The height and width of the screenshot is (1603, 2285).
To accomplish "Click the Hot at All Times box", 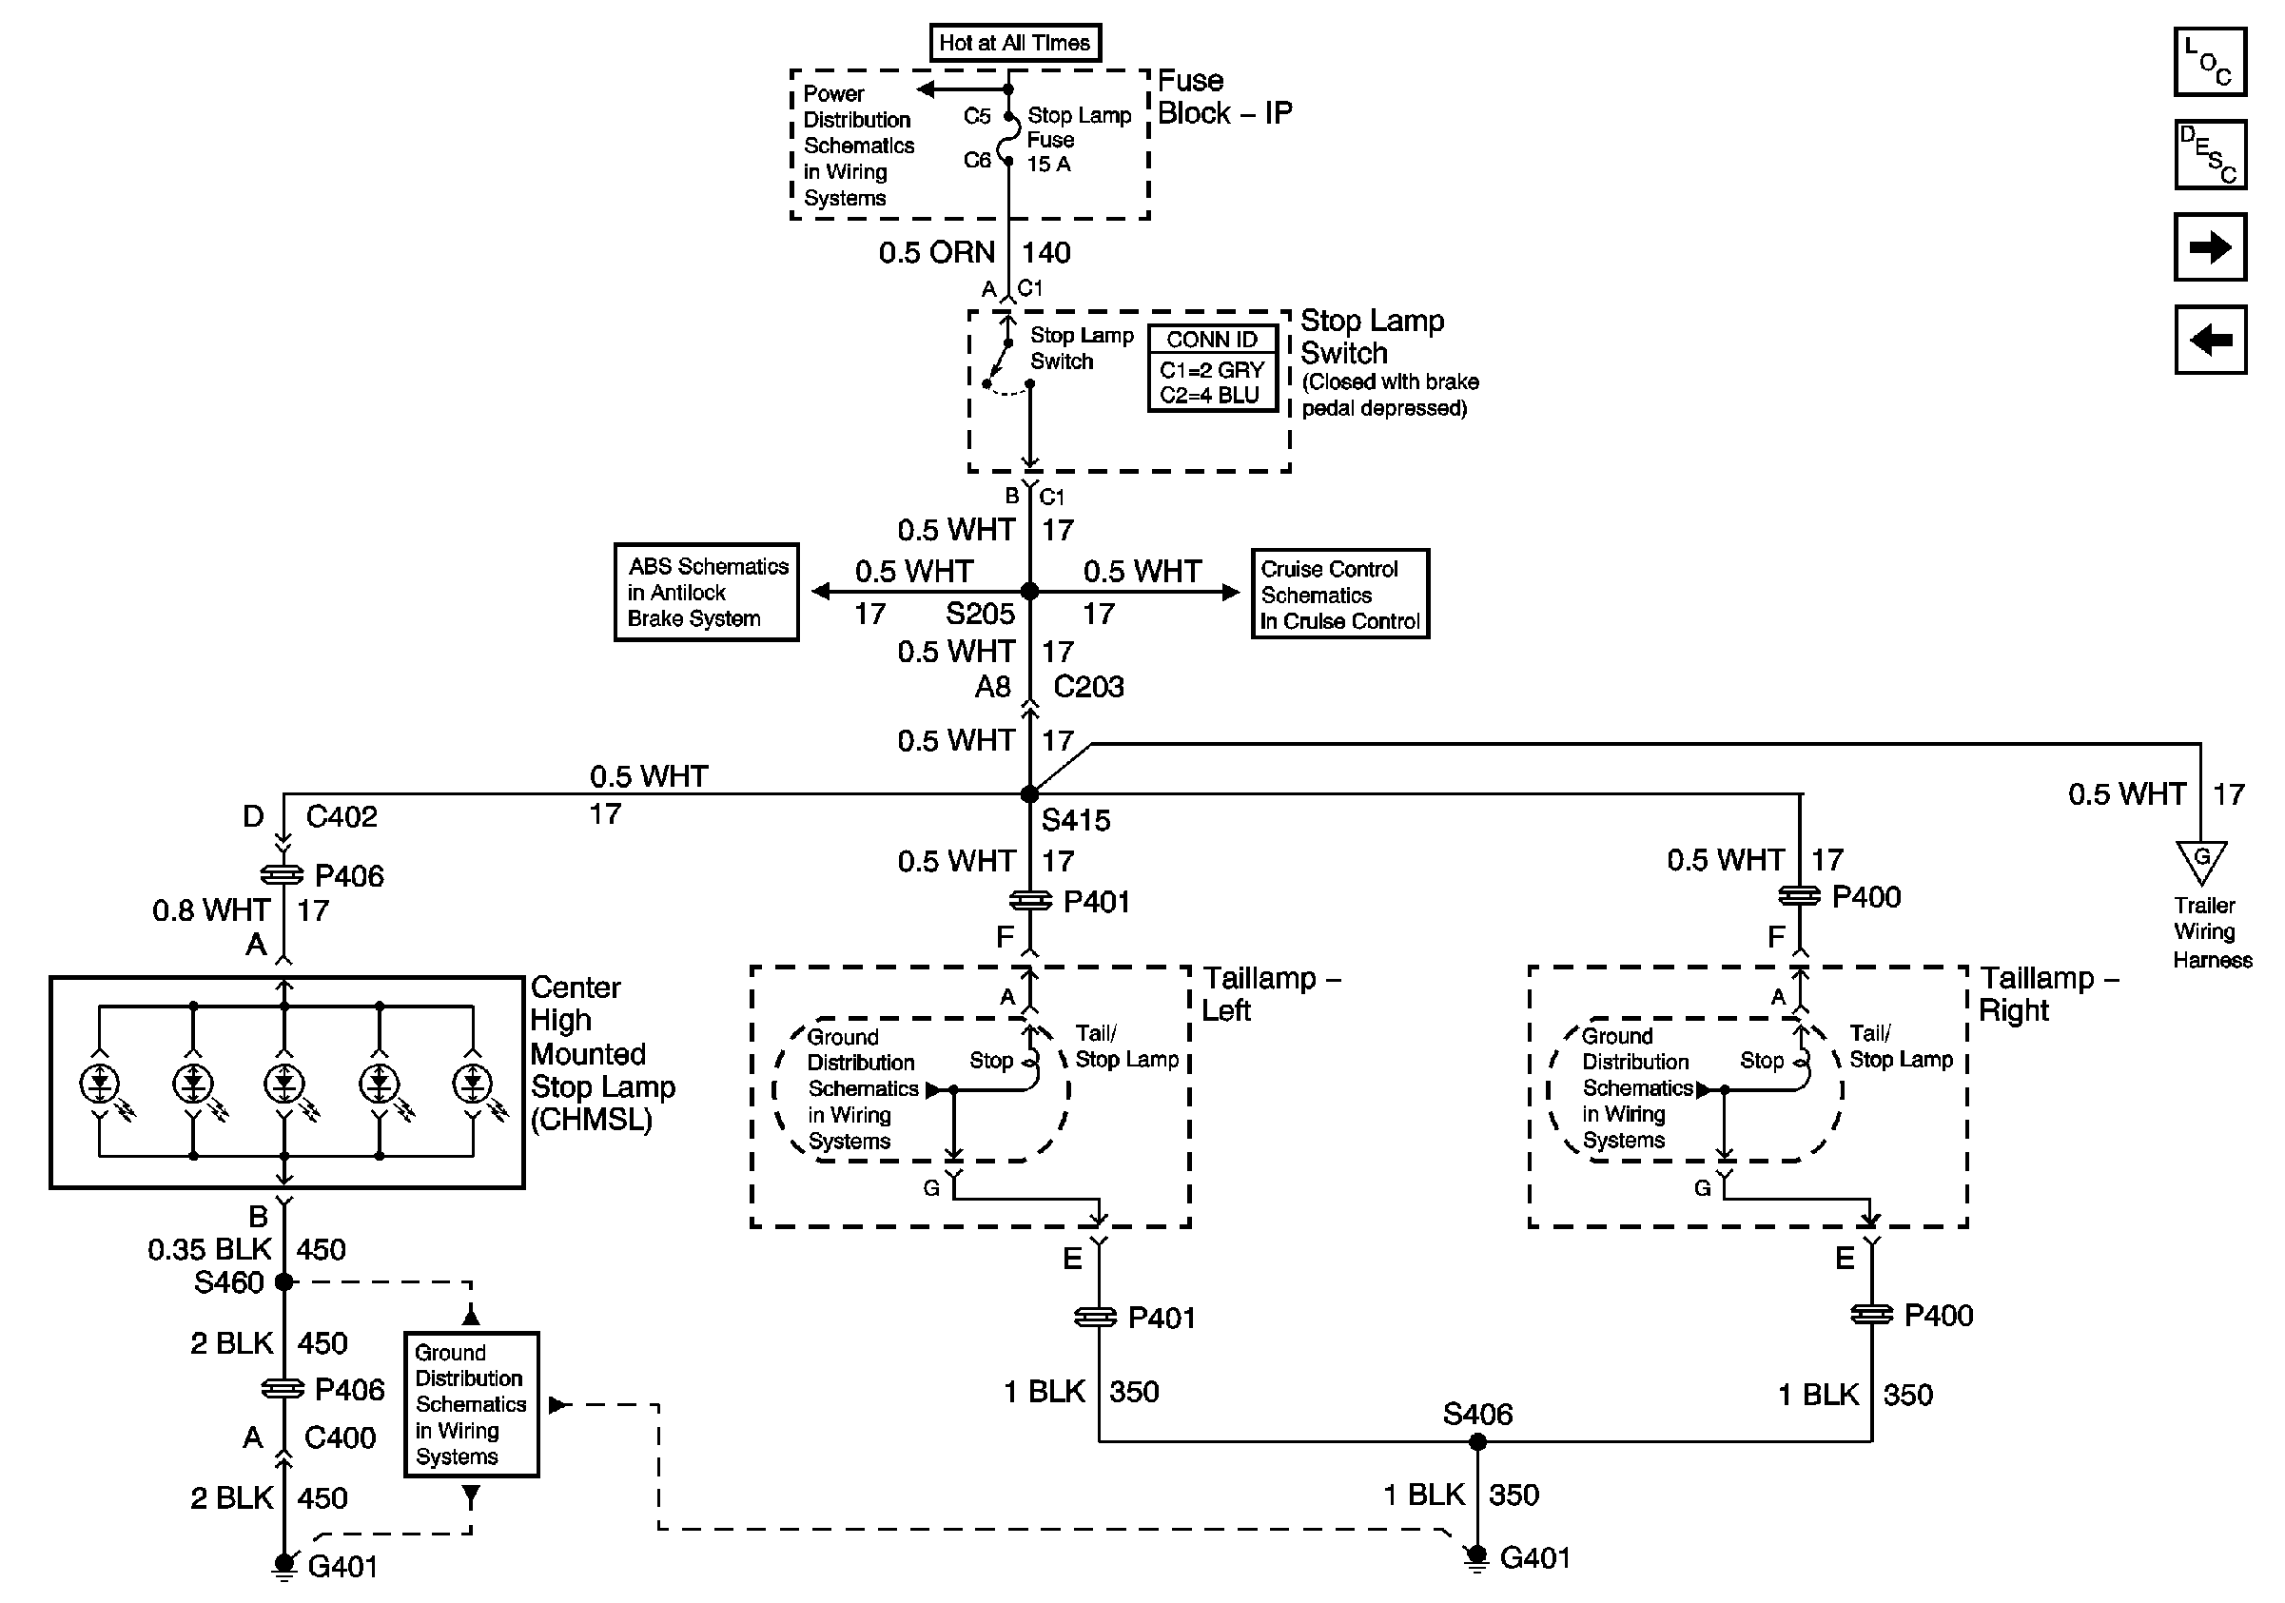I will point(1014,43).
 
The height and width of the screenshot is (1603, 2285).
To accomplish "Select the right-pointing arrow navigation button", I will point(2211,246).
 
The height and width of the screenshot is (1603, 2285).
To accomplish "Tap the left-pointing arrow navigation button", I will point(2211,340).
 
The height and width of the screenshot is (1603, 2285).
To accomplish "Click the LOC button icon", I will point(2211,62).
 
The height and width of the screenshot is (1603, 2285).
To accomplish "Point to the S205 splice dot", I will point(1030,592).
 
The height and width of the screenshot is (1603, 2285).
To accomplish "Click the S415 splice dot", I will point(1030,794).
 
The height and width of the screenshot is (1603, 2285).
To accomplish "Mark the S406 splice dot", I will point(1478,1442).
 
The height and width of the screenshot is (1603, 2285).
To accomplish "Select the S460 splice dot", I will point(283,1282).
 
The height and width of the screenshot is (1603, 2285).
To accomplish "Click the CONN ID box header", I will point(1211,341).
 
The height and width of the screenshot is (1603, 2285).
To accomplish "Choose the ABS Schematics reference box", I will point(707,592).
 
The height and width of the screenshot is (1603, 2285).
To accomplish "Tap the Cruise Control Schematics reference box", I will point(1339,594).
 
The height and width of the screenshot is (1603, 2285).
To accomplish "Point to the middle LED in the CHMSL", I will point(284,1083).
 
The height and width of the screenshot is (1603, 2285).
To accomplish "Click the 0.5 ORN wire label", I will point(936,253).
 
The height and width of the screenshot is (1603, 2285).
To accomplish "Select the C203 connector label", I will point(1089,687).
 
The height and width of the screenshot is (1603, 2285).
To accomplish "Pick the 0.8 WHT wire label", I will point(211,910).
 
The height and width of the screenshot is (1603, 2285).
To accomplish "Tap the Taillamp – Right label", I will point(2048,994).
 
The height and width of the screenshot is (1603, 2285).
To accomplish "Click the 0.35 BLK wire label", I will point(210,1250).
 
